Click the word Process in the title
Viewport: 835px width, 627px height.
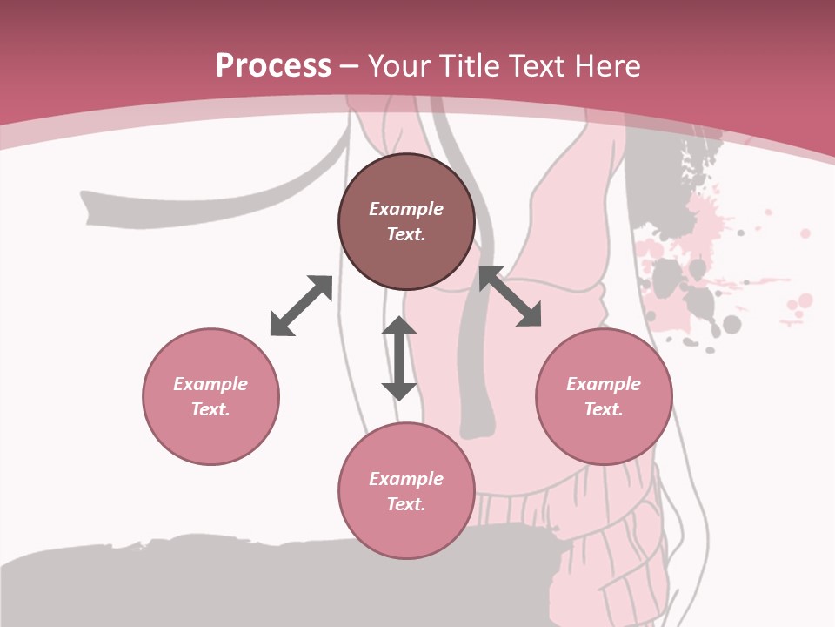273,66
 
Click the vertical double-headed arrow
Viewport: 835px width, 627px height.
399,358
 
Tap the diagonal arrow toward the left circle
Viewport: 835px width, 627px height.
301,306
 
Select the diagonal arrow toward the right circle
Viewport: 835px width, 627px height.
511,296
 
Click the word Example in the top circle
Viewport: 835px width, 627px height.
406,209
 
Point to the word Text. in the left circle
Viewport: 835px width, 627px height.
210,409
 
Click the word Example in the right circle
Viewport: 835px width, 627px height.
604,384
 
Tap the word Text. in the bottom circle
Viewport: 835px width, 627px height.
406,504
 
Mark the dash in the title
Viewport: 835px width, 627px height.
350,66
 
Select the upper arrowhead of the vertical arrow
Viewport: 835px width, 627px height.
399,326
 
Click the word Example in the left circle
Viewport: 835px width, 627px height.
210,384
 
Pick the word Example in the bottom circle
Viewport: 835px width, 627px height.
406,479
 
